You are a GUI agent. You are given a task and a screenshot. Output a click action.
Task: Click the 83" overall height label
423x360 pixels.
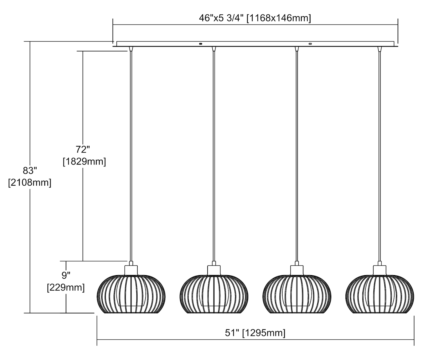pos(30,171)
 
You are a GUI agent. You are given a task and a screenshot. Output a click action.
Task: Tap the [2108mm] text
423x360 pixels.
pos(30,183)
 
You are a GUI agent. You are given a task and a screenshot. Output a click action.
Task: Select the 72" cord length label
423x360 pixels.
pos(83,150)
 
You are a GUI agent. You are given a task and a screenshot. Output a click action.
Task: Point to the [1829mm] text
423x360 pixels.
pos(84,162)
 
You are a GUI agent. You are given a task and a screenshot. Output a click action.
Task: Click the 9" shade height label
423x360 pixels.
pos(66,275)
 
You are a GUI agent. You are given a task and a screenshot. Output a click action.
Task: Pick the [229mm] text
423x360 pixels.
pos(66,287)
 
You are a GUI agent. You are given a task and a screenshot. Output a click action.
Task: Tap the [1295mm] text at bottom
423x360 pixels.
pos(264,333)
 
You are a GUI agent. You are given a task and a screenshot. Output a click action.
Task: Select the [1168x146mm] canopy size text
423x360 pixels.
pos(279,18)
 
